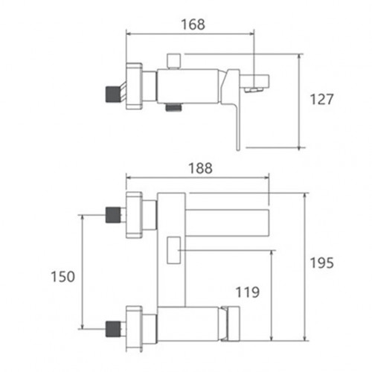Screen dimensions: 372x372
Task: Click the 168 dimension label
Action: (193, 25)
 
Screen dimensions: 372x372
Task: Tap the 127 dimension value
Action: (322, 99)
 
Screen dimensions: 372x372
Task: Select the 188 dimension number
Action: (200, 168)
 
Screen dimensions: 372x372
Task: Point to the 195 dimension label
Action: (322, 263)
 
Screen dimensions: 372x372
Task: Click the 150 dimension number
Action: (62, 277)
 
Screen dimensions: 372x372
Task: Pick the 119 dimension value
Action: (248, 292)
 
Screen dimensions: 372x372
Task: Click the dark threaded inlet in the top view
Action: (113, 94)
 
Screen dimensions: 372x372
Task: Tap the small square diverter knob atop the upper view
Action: (173, 60)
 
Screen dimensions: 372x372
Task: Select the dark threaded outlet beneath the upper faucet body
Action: (173, 107)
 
